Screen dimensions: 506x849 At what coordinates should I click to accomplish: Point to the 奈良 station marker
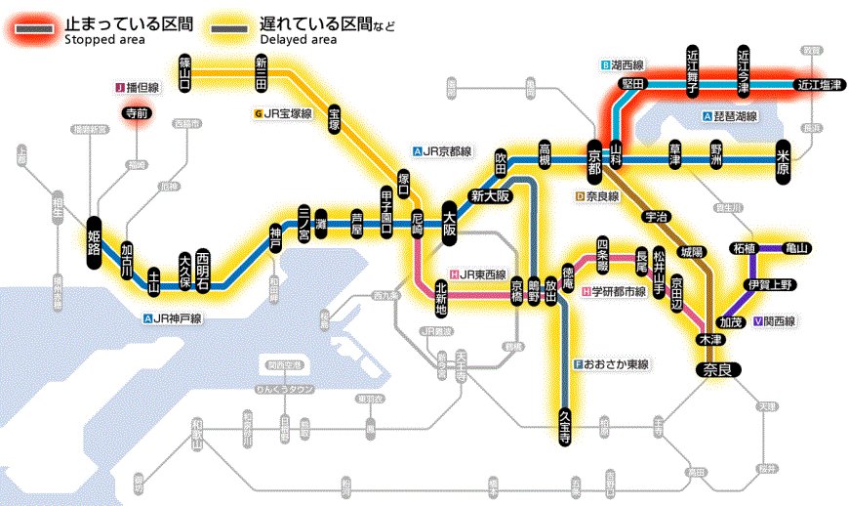click(718, 369)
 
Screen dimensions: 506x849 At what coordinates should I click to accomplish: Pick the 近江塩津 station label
click(818, 85)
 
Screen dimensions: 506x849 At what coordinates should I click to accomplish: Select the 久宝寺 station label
click(564, 427)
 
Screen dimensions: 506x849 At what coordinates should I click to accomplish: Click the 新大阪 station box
click(491, 194)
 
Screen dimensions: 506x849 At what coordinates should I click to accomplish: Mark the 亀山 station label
click(796, 248)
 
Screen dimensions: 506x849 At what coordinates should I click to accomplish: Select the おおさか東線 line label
click(612, 364)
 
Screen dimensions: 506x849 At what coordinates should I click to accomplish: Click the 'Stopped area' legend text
click(104, 40)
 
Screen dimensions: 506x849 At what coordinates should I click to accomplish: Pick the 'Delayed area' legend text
click(299, 40)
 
